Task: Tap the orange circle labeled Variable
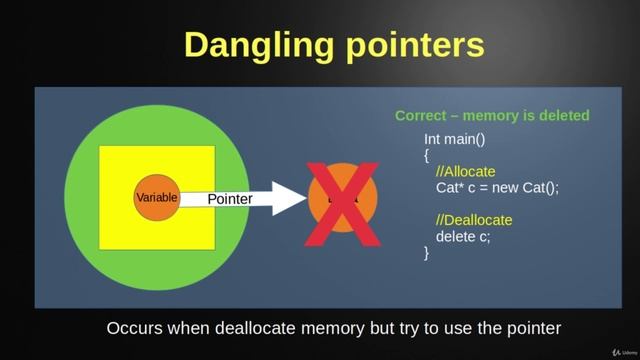click(156, 198)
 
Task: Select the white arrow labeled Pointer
click(236, 198)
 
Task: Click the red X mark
click(342, 198)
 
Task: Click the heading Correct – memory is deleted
click(492, 116)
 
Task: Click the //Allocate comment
click(465, 171)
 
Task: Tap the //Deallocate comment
click(474, 220)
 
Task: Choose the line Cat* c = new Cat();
click(497, 187)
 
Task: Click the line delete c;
click(463, 236)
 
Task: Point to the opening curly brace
click(427, 155)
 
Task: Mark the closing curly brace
click(427, 252)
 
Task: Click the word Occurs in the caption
click(134, 328)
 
